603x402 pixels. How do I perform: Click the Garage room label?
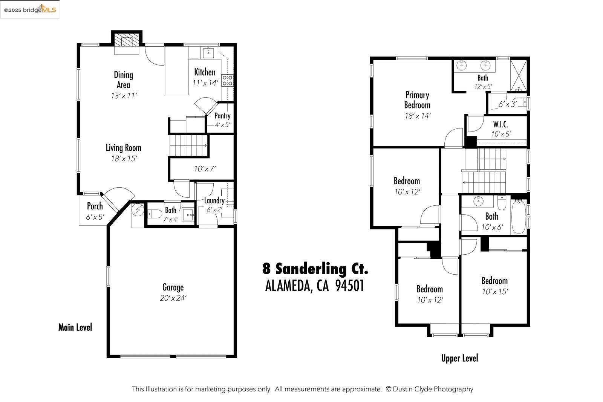pos(173,287)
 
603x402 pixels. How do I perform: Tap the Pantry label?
pos(222,116)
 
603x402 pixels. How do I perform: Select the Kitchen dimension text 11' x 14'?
pos(205,83)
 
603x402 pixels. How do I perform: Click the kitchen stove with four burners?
pos(227,81)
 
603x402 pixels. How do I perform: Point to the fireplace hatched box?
pos(127,40)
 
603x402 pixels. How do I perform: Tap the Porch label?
pos(95,206)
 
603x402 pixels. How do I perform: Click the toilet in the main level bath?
pos(155,214)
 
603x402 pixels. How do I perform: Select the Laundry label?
pos(214,200)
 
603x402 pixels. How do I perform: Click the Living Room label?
pos(123,148)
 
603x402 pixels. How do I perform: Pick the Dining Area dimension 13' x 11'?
pos(124,96)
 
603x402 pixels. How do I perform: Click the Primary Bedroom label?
pos(417,100)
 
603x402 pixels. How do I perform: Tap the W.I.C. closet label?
pos(501,124)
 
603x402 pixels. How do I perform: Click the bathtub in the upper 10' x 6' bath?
pos(519,217)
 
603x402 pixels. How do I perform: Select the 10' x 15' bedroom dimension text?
pos(495,291)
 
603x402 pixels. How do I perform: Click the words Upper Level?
pos(459,358)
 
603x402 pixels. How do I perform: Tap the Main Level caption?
pos(75,327)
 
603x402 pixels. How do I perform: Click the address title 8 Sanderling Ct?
pos(315,269)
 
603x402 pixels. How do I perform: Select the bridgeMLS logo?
pos(30,10)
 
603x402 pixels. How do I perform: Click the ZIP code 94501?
pos(349,286)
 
